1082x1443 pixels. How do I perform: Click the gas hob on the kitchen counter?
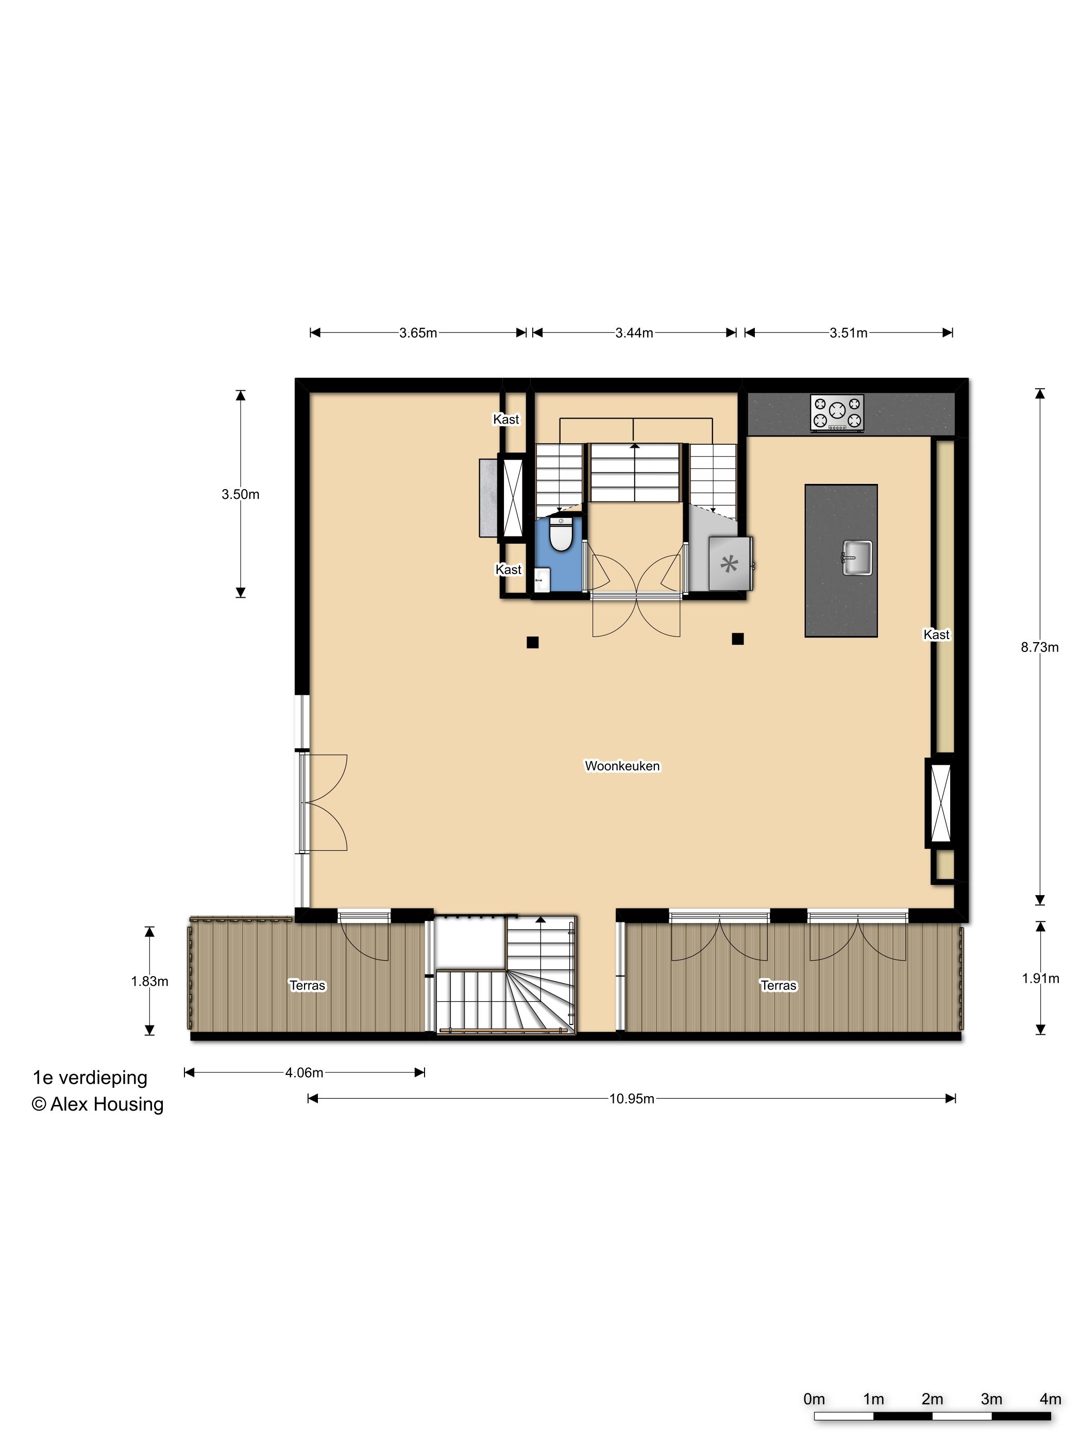tap(837, 412)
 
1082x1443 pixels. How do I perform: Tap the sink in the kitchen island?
tap(856, 558)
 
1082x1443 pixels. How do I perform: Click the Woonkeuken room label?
tap(622, 766)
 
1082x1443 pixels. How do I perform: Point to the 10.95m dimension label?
tap(631, 1099)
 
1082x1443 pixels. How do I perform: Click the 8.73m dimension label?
tap(1040, 647)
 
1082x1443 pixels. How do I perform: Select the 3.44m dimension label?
tap(634, 333)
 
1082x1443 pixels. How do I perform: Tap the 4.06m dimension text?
tap(304, 1072)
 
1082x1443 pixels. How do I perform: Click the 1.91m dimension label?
tap(1040, 979)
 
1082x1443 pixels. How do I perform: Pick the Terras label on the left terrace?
tap(307, 985)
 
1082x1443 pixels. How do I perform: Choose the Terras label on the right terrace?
tap(778, 985)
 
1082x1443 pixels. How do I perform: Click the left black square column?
tap(532, 642)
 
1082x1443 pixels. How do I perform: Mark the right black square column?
tap(738, 639)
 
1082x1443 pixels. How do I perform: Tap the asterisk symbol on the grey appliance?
tap(729, 563)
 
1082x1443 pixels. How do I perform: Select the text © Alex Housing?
tap(98, 1104)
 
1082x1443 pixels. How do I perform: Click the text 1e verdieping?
tap(90, 1078)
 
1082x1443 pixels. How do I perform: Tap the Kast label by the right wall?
tap(937, 634)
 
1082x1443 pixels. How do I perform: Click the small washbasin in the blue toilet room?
tap(542, 579)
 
